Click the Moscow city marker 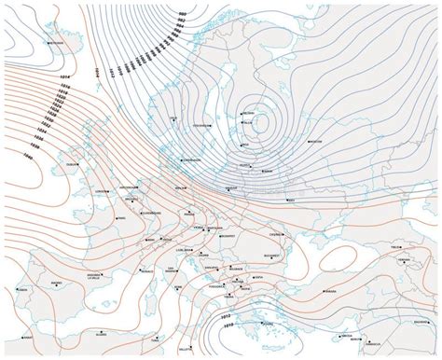315,141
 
